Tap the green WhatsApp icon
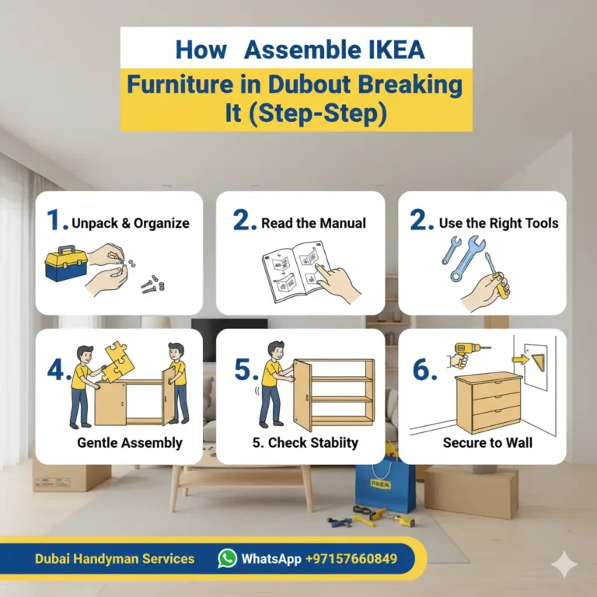(x=227, y=558)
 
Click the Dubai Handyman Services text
(x=114, y=559)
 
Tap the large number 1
(x=57, y=222)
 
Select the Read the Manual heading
(x=313, y=223)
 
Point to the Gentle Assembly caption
(x=129, y=442)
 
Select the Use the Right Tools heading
(x=498, y=223)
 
